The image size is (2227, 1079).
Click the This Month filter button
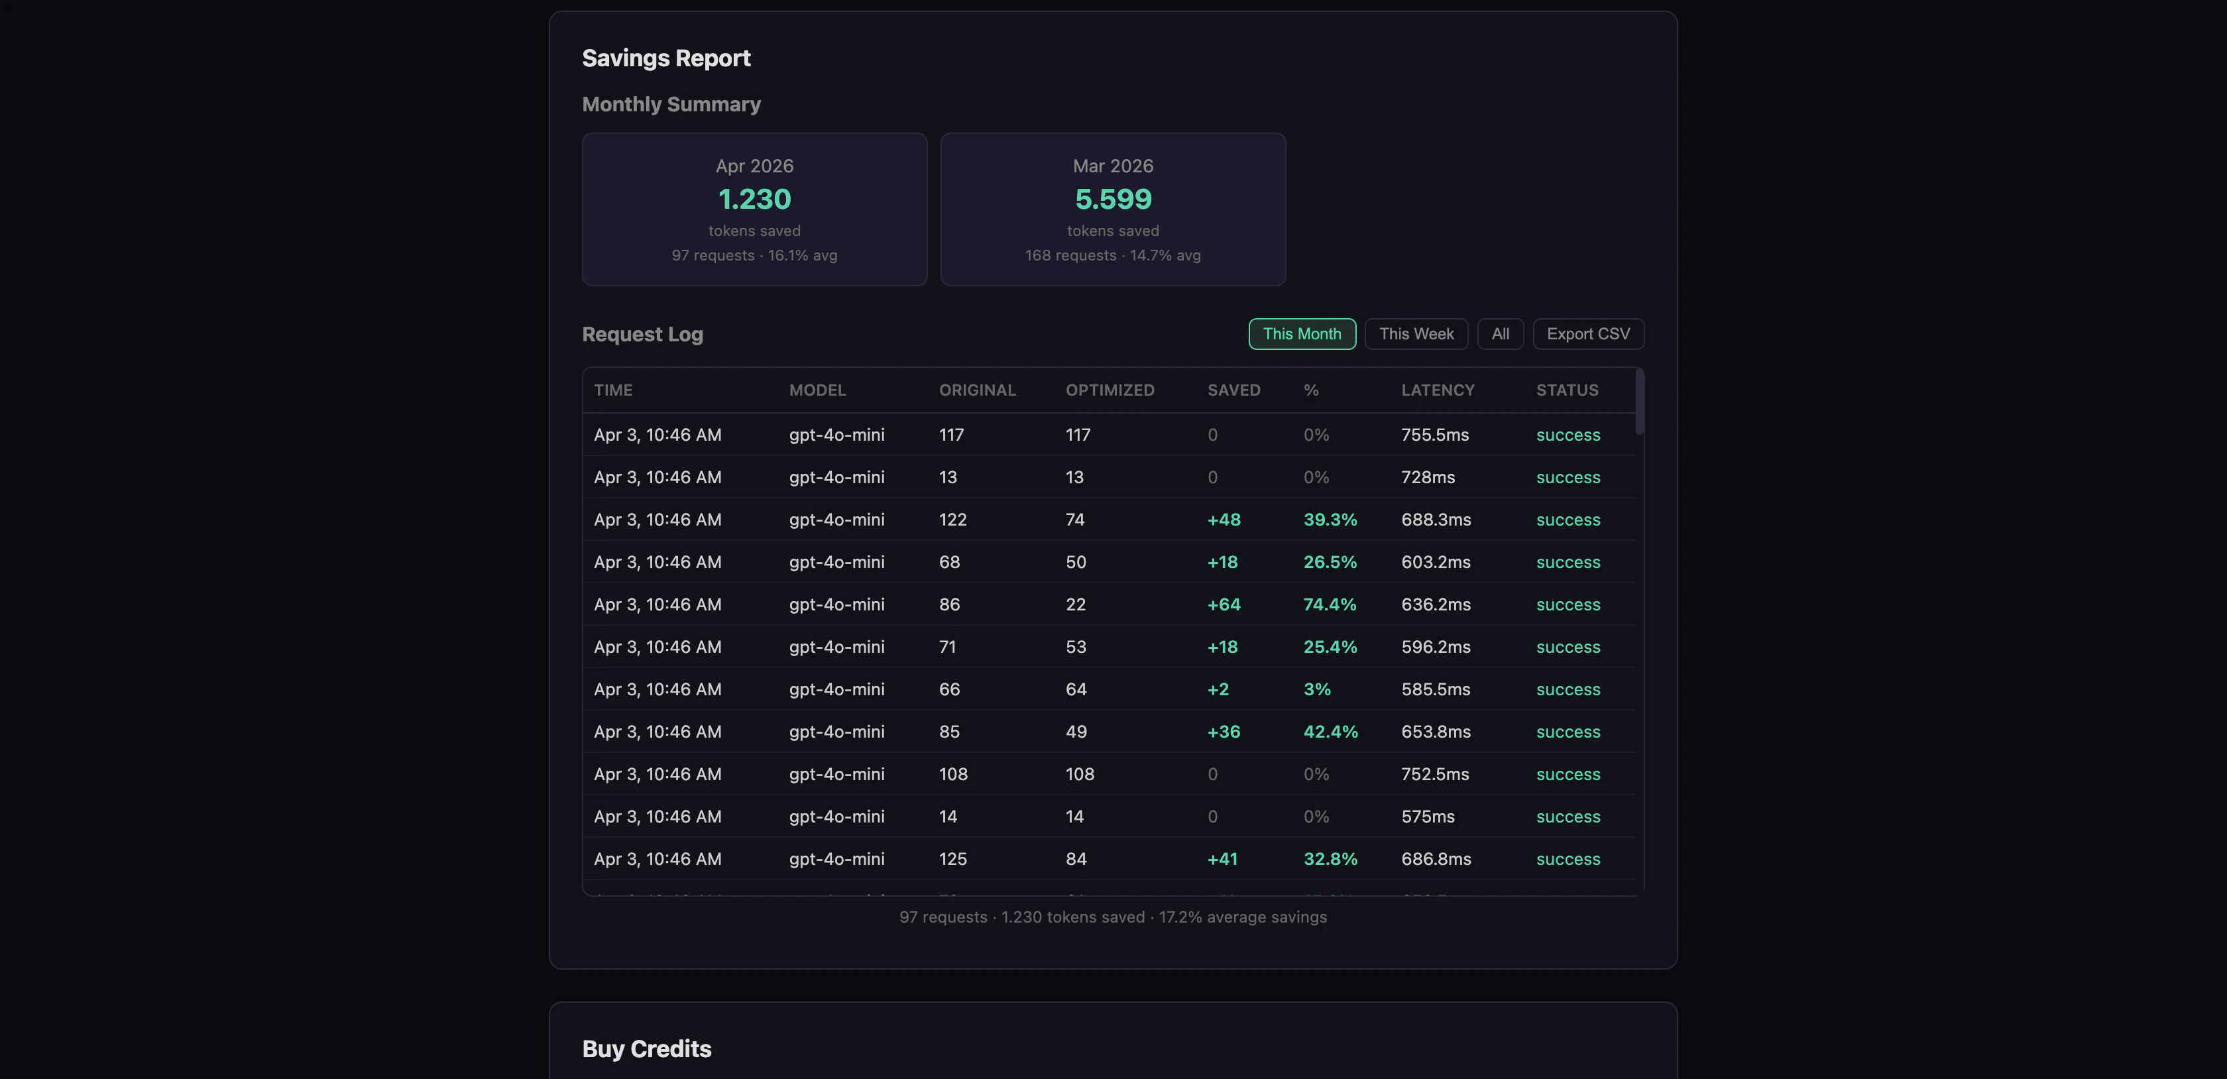[1301, 334]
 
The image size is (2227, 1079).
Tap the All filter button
[1500, 334]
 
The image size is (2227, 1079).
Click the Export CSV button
[1587, 334]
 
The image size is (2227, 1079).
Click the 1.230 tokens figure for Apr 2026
[754, 199]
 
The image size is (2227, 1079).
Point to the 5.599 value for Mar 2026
[1113, 199]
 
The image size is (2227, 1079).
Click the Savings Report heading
[665, 58]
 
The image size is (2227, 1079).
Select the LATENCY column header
[1437, 390]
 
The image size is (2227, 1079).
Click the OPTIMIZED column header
[1109, 390]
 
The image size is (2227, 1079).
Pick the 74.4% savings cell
[1329, 604]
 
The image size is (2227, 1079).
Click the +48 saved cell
[1224, 520]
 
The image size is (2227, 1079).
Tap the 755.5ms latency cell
[1434, 435]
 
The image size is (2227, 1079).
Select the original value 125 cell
[952, 858]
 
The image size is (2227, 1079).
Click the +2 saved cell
[1218, 689]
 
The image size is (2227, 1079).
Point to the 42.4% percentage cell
[1330, 732]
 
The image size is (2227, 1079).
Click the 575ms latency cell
[1427, 816]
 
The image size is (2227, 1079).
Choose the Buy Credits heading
[646, 1049]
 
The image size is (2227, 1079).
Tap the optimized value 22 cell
[1074, 604]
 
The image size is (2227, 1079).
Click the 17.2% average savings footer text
[1241, 917]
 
